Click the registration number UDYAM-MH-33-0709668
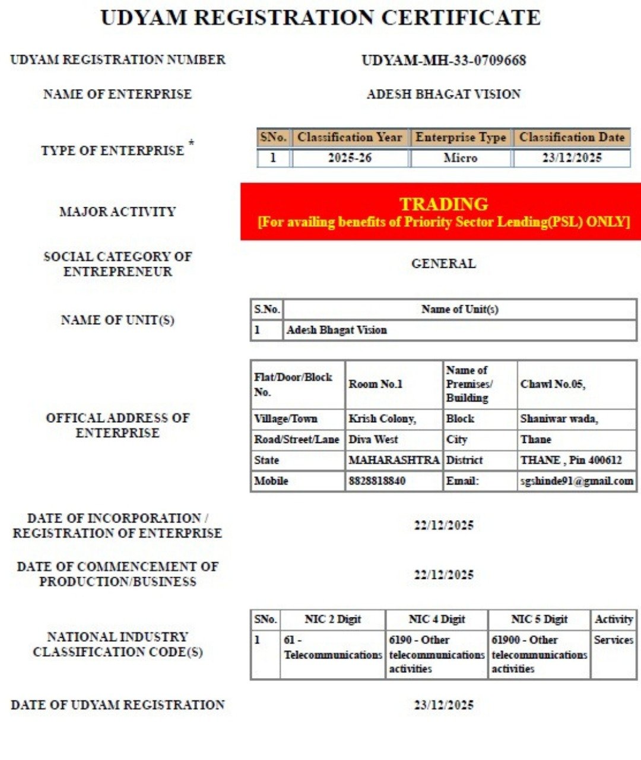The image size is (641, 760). [443, 61]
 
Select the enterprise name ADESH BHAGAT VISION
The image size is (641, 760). [443, 94]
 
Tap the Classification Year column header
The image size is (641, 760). [350, 138]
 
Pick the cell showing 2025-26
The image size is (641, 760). [350, 159]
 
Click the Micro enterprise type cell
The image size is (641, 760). [460, 159]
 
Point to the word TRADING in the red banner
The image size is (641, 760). [443, 204]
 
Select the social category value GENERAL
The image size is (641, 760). [443, 264]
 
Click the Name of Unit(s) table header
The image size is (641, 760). [459, 309]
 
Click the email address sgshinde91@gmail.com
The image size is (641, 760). [576, 481]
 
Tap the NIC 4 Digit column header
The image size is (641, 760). [437, 619]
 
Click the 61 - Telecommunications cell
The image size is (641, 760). [332, 648]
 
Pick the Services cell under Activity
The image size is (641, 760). [613, 640]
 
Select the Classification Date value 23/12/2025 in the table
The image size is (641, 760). [572, 159]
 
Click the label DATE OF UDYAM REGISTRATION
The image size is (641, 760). [118, 705]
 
